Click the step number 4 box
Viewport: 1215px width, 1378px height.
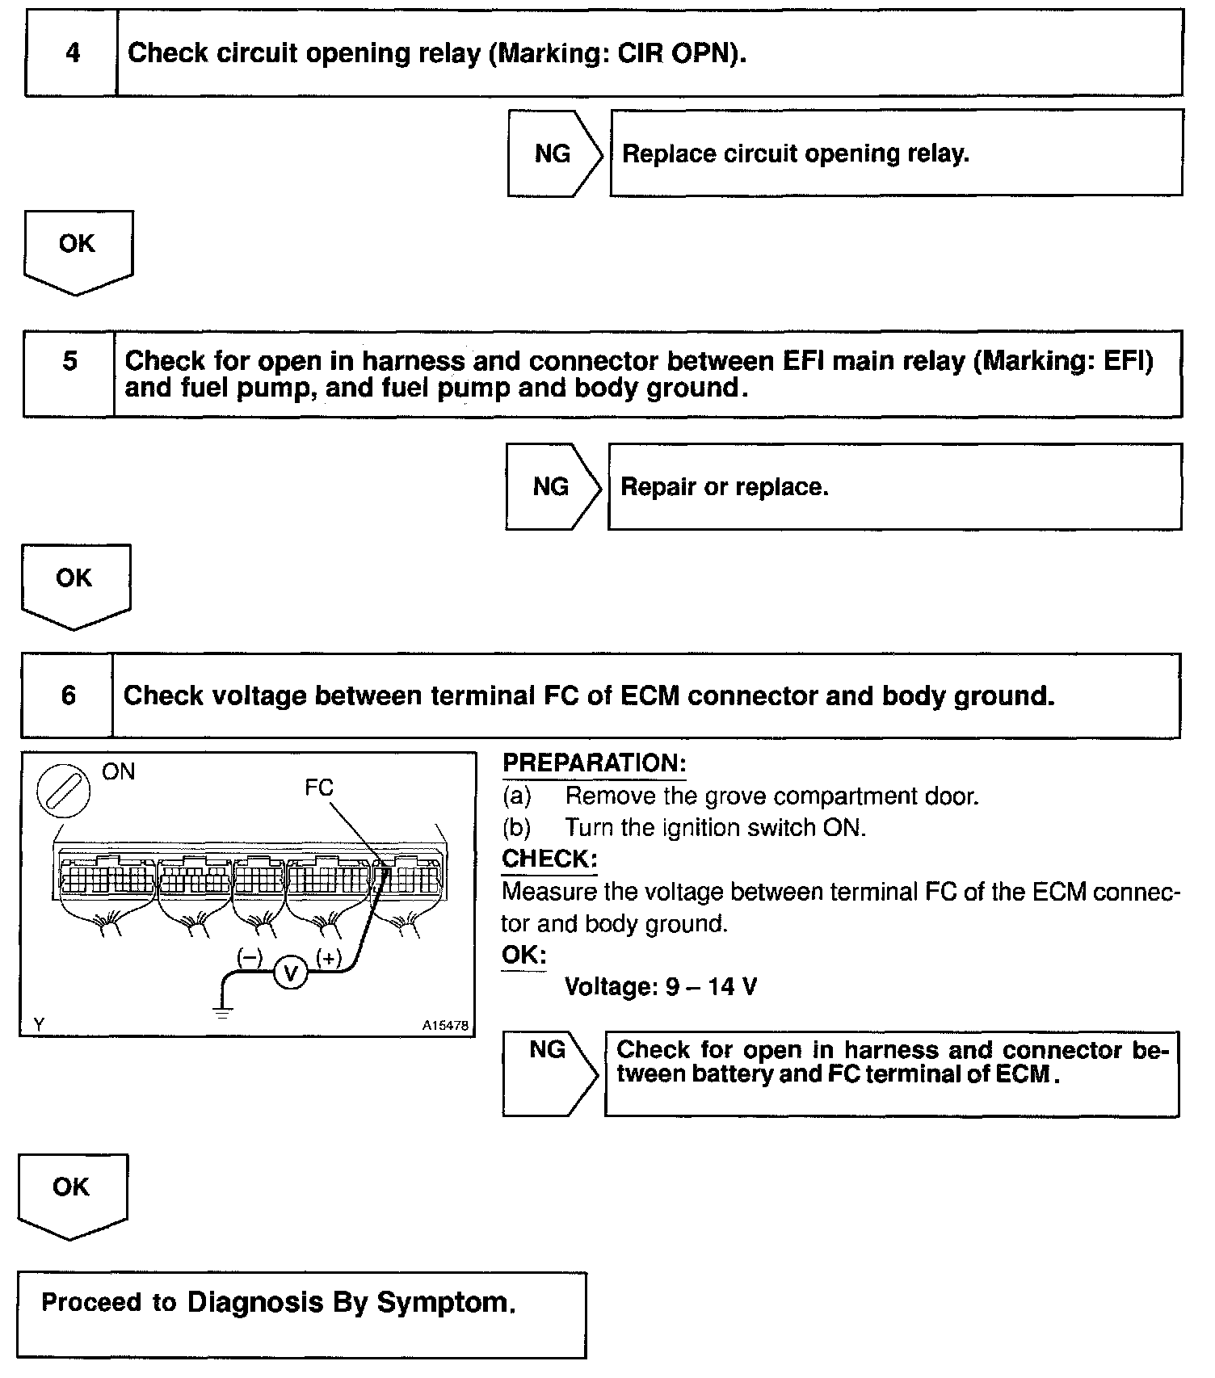72,53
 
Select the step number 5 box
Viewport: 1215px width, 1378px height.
69,373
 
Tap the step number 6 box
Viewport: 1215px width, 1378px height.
68,695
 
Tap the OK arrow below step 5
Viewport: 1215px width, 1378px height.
75,584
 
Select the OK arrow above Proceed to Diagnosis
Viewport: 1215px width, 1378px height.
72,1194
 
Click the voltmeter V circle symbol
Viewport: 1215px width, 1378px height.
291,974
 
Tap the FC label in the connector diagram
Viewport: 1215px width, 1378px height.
319,787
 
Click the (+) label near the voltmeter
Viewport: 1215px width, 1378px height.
329,958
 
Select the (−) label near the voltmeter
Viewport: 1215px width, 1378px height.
250,958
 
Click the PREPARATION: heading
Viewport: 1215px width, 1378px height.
594,763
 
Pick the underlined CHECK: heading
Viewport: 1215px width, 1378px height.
549,859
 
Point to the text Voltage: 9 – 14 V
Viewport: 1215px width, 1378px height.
661,986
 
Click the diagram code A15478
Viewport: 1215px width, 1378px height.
445,1025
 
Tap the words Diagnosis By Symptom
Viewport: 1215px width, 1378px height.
351,1302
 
